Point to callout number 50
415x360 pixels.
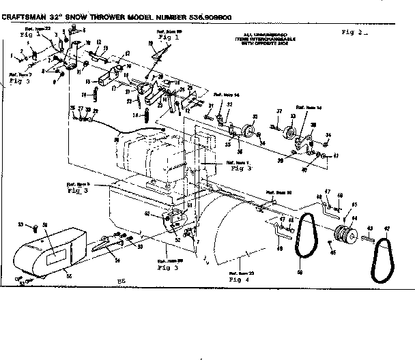click(x=300, y=273)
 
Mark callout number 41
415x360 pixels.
click(x=335, y=157)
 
